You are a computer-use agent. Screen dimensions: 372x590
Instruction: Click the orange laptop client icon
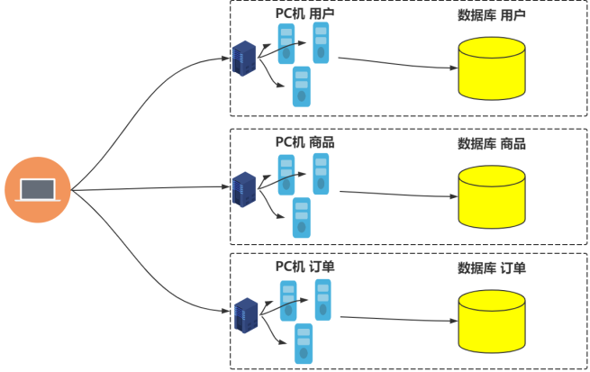coord(37,190)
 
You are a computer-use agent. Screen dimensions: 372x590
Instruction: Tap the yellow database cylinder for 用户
coord(491,68)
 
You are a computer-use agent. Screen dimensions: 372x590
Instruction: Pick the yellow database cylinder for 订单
coord(491,322)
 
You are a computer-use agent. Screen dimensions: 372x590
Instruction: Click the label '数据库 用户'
coord(492,15)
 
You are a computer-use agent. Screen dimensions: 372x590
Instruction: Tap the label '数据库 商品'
coord(492,143)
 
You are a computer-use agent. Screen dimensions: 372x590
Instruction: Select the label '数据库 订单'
coord(492,268)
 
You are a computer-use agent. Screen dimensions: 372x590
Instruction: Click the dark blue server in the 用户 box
coord(244,59)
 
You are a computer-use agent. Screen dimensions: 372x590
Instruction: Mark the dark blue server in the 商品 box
coord(244,188)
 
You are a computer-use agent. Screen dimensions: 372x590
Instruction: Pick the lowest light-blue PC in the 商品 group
coord(302,218)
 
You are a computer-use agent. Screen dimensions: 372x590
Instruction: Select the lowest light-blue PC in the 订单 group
coord(303,343)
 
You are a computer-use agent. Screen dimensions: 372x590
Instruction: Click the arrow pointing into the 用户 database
coord(396,63)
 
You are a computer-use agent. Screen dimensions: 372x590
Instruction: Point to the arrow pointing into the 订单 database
coord(396,318)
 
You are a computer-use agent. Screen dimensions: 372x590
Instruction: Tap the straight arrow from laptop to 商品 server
coord(149,188)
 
